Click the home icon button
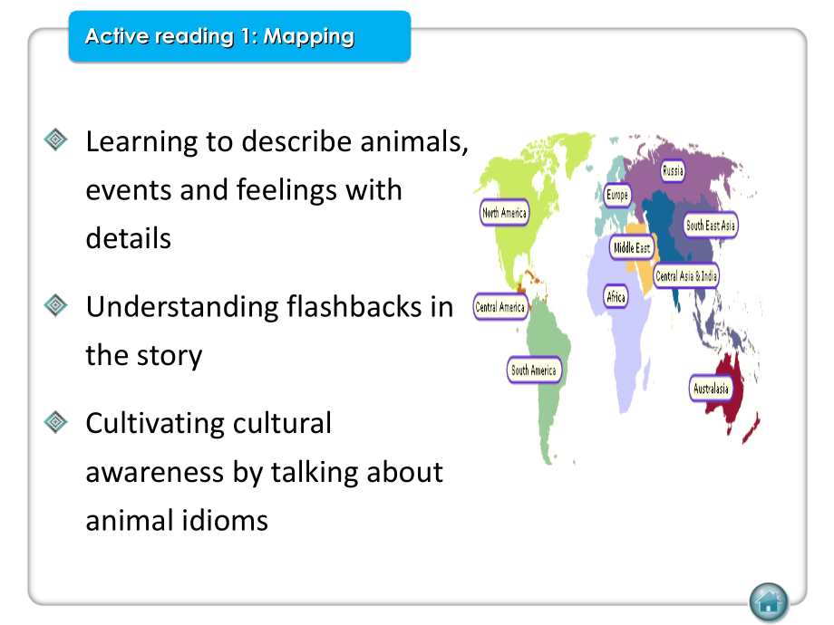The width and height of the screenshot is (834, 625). point(769,601)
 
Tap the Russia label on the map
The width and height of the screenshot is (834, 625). point(673,170)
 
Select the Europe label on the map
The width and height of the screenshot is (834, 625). point(617,195)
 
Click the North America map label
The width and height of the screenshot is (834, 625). point(504,213)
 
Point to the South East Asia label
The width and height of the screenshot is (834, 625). point(711,226)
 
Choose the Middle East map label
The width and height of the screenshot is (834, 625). point(631,247)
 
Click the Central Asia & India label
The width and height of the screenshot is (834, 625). point(686,275)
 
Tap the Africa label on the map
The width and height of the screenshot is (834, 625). point(616,296)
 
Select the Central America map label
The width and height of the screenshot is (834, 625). point(500,307)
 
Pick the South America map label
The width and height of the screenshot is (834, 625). point(533,370)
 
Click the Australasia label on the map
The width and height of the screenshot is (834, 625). point(711,389)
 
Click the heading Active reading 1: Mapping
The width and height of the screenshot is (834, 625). point(219,37)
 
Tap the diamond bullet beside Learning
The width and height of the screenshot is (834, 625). point(56,139)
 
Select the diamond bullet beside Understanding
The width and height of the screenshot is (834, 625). point(56,305)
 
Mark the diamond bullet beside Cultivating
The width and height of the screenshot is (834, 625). point(56,421)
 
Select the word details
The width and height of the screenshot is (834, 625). point(128,238)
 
